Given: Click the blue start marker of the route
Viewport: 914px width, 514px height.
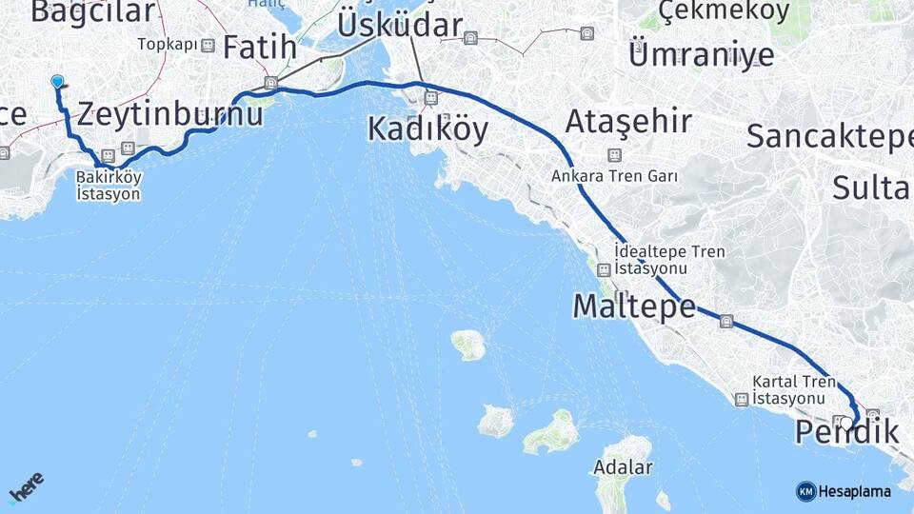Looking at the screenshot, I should pyautogui.click(x=58, y=83).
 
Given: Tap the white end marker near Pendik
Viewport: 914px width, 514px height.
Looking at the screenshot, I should pyautogui.click(x=846, y=422).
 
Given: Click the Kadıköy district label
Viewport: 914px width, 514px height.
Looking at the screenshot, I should pyautogui.click(x=427, y=128).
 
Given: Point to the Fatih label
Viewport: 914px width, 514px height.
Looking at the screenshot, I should pyautogui.click(x=254, y=47).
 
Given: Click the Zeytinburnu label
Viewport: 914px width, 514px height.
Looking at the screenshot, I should pyautogui.click(x=169, y=115).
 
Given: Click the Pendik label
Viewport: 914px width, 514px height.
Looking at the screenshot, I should pyautogui.click(x=846, y=433).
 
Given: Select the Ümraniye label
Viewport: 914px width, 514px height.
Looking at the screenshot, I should pyautogui.click(x=702, y=54).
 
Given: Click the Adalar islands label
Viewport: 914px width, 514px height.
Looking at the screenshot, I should pyautogui.click(x=623, y=467).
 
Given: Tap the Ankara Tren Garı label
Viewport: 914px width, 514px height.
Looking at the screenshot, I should pyautogui.click(x=614, y=176).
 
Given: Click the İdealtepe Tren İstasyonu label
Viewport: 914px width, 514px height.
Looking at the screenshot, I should pyautogui.click(x=669, y=260).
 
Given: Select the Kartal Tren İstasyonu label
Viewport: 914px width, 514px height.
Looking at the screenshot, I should pyautogui.click(x=794, y=389).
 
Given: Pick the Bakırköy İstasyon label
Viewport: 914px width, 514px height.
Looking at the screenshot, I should pyautogui.click(x=109, y=186).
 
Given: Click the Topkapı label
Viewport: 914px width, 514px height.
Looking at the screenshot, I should pyautogui.click(x=167, y=45).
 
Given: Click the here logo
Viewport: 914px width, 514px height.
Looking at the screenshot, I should pyautogui.click(x=26, y=486).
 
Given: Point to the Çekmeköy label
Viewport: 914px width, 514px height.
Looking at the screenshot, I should pyautogui.click(x=725, y=11).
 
